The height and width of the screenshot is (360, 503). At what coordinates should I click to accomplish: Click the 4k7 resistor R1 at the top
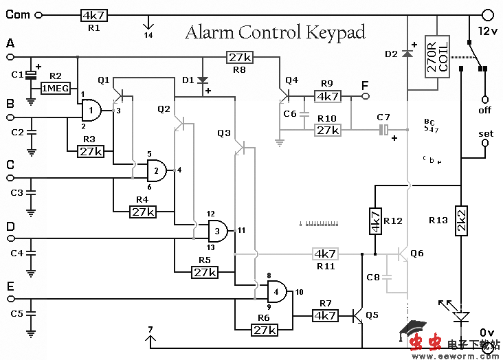click(x=93, y=14)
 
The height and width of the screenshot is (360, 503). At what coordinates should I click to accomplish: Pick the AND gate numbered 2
click(x=158, y=170)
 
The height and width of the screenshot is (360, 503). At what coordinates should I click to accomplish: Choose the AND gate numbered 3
click(x=217, y=230)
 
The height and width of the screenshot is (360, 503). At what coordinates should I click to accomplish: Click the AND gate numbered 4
click(x=277, y=291)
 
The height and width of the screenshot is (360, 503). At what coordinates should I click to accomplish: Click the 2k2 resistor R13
click(x=462, y=221)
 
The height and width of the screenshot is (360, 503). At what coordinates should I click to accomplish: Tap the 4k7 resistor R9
click(x=328, y=97)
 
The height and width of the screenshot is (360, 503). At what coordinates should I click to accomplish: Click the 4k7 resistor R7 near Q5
click(x=325, y=315)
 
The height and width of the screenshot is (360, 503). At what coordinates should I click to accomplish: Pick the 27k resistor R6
click(x=265, y=330)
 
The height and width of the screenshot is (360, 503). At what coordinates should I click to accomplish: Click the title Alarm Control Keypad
click(x=275, y=32)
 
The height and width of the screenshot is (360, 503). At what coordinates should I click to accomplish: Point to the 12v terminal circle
click(x=487, y=14)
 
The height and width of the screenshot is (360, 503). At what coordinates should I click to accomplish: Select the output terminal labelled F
click(x=366, y=97)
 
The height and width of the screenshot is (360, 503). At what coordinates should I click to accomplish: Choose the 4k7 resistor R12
click(x=375, y=221)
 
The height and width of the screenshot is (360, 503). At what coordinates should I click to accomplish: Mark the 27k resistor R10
click(x=328, y=129)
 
